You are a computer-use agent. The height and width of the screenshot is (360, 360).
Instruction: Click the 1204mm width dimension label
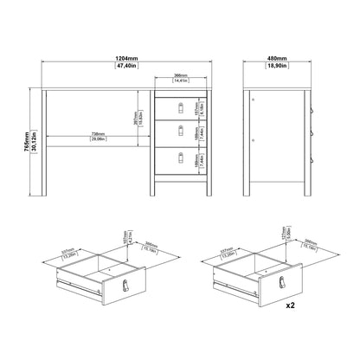click(128, 58)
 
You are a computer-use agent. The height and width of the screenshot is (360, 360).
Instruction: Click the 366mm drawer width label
click(182, 76)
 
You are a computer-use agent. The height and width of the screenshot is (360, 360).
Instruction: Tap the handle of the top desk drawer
click(181, 106)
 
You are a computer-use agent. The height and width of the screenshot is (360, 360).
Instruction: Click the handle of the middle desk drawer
click(181, 132)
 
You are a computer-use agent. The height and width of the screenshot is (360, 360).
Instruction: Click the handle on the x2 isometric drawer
click(286, 286)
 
